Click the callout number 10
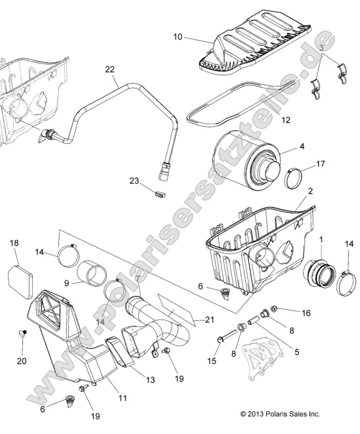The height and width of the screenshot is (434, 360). (x=178, y=36)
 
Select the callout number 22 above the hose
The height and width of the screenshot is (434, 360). (x=110, y=70)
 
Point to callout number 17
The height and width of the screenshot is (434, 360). (x=320, y=164)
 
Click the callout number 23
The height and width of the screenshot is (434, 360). (x=134, y=181)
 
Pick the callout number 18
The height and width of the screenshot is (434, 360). (x=14, y=243)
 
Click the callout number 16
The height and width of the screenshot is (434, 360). (x=306, y=313)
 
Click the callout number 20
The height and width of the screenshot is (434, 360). (x=22, y=360)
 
